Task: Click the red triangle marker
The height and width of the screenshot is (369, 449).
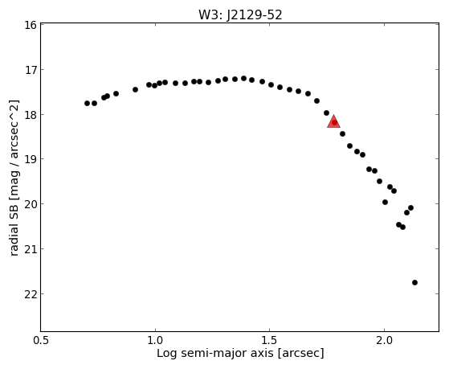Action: (333, 121)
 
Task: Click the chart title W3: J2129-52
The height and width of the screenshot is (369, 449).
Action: (240, 15)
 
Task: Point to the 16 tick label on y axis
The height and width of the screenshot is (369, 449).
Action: (31, 25)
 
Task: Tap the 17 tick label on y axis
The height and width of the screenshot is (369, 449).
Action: (31, 70)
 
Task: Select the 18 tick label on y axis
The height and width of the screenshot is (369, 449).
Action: (31, 115)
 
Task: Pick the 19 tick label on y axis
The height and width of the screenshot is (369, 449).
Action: (31, 159)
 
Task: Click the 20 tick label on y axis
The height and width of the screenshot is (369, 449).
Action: (31, 204)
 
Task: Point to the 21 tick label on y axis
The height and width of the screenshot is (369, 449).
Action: (31, 249)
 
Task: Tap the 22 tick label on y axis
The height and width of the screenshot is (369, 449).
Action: (31, 294)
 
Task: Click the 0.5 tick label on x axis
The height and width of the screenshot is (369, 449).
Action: (41, 340)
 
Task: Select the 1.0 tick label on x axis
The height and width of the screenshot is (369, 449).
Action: (155, 340)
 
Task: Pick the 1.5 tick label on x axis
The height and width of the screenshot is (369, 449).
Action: (269, 340)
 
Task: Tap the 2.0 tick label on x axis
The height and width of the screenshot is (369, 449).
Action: (384, 340)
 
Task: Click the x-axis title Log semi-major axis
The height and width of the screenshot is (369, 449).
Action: (215, 353)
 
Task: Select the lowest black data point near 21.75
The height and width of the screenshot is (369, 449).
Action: (414, 282)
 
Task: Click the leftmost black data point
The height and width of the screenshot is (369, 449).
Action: (87, 103)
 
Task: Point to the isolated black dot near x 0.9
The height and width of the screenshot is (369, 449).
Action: (135, 89)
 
